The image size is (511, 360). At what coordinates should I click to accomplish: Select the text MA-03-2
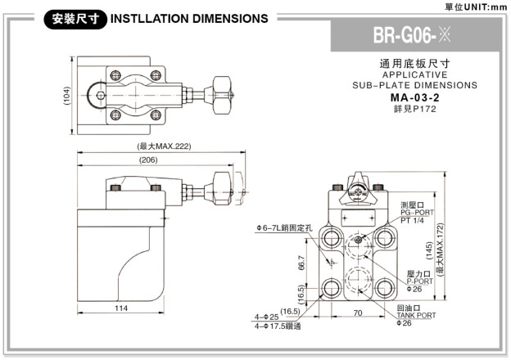[414, 97]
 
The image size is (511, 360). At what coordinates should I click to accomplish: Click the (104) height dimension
[66, 97]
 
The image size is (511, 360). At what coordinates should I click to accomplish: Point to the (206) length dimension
[148, 160]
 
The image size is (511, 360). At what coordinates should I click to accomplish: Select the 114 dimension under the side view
[120, 308]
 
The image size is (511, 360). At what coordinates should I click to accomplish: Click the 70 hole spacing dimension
[358, 312]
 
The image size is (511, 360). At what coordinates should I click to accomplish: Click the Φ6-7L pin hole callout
[283, 227]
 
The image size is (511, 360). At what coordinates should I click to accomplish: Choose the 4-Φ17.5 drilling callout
[278, 326]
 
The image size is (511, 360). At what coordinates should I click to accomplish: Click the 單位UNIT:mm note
[479, 7]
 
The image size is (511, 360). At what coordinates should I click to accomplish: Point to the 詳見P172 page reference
[414, 108]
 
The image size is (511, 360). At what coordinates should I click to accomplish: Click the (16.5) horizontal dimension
[291, 311]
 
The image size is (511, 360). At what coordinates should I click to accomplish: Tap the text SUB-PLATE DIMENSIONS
[414, 85]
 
